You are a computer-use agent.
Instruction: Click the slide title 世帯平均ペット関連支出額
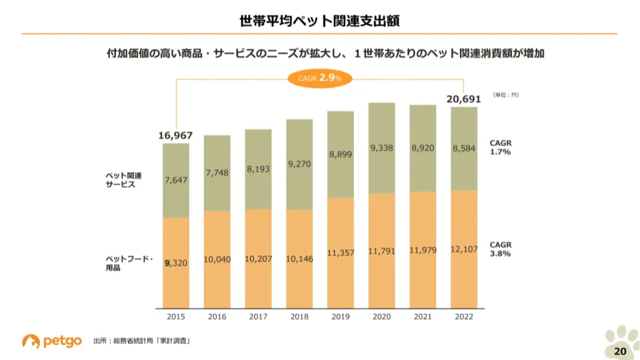[x=320, y=21]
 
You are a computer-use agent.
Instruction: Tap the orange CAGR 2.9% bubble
[x=320, y=78]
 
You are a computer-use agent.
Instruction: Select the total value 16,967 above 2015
[x=175, y=135]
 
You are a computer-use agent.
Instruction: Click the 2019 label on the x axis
[x=340, y=317]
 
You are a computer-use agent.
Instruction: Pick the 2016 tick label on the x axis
[x=217, y=317]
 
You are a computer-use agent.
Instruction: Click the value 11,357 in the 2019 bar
[x=340, y=253]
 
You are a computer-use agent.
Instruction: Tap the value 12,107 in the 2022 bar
[x=464, y=249]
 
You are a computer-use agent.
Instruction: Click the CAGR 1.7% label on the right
[x=500, y=147]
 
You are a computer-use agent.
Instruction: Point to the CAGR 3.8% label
[x=500, y=249]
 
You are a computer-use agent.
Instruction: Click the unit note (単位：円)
[x=506, y=95]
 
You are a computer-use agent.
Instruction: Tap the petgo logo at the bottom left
[x=51, y=341]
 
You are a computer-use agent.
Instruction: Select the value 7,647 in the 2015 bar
[x=175, y=180]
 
